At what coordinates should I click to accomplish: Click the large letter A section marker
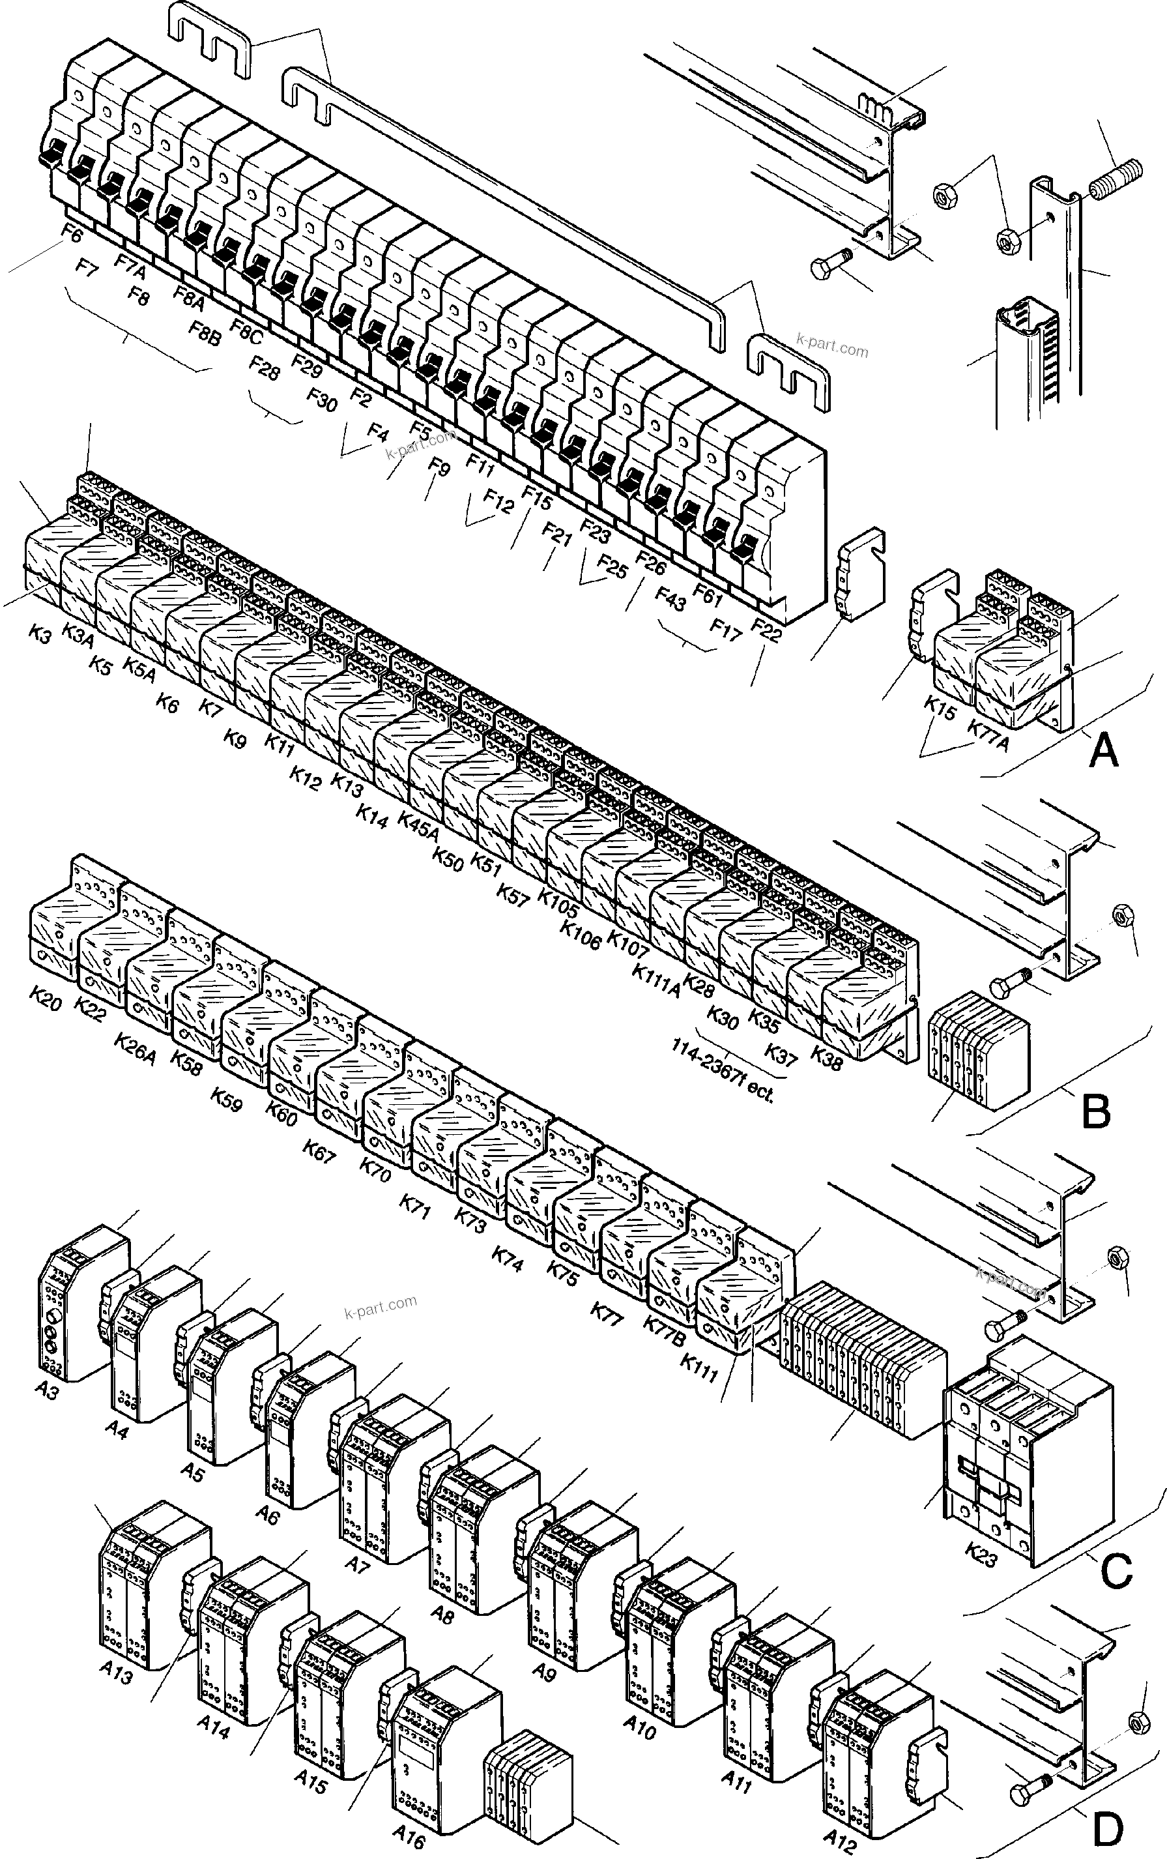[1103, 750]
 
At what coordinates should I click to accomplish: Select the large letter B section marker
[1096, 1112]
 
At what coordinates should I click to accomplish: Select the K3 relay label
[40, 635]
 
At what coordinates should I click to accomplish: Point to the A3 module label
[47, 1411]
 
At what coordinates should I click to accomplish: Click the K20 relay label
[46, 997]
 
